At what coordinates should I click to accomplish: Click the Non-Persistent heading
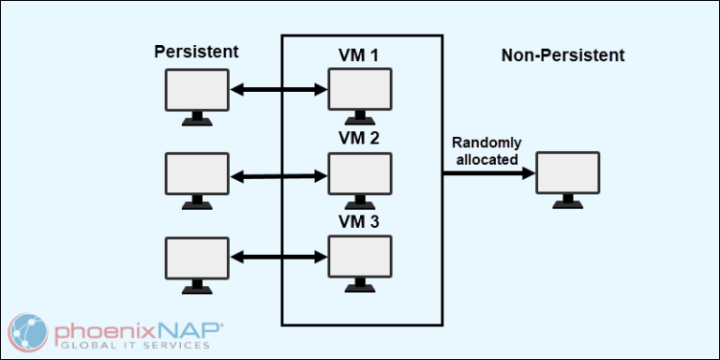[x=562, y=55]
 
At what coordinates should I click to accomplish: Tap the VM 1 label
[x=359, y=55]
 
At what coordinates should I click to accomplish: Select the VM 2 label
[x=359, y=138]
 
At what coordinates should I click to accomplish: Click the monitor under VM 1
[x=359, y=94]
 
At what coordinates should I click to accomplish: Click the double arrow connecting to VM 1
[x=277, y=91]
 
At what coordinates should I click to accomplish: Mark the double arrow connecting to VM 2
[x=277, y=173]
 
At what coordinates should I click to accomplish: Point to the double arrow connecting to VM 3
[x=277, y=256]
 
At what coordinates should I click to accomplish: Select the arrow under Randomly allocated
[x=487, y=173]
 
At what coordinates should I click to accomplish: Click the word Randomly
[x=487, y=142]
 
